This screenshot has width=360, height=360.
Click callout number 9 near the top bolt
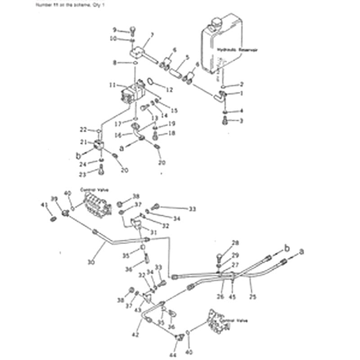click(x=114, y=30)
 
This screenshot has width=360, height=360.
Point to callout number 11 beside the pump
click(x=112, y=84)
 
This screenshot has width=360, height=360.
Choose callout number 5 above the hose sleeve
click(x=188, y=57)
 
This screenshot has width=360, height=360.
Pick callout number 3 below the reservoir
click(x=242, y=121)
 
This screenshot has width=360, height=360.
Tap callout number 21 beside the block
click(x=83, y=142)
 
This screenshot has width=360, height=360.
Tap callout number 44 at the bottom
click(x=174, y=355)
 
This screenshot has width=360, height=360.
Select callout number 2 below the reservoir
click(x=242, y=84)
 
